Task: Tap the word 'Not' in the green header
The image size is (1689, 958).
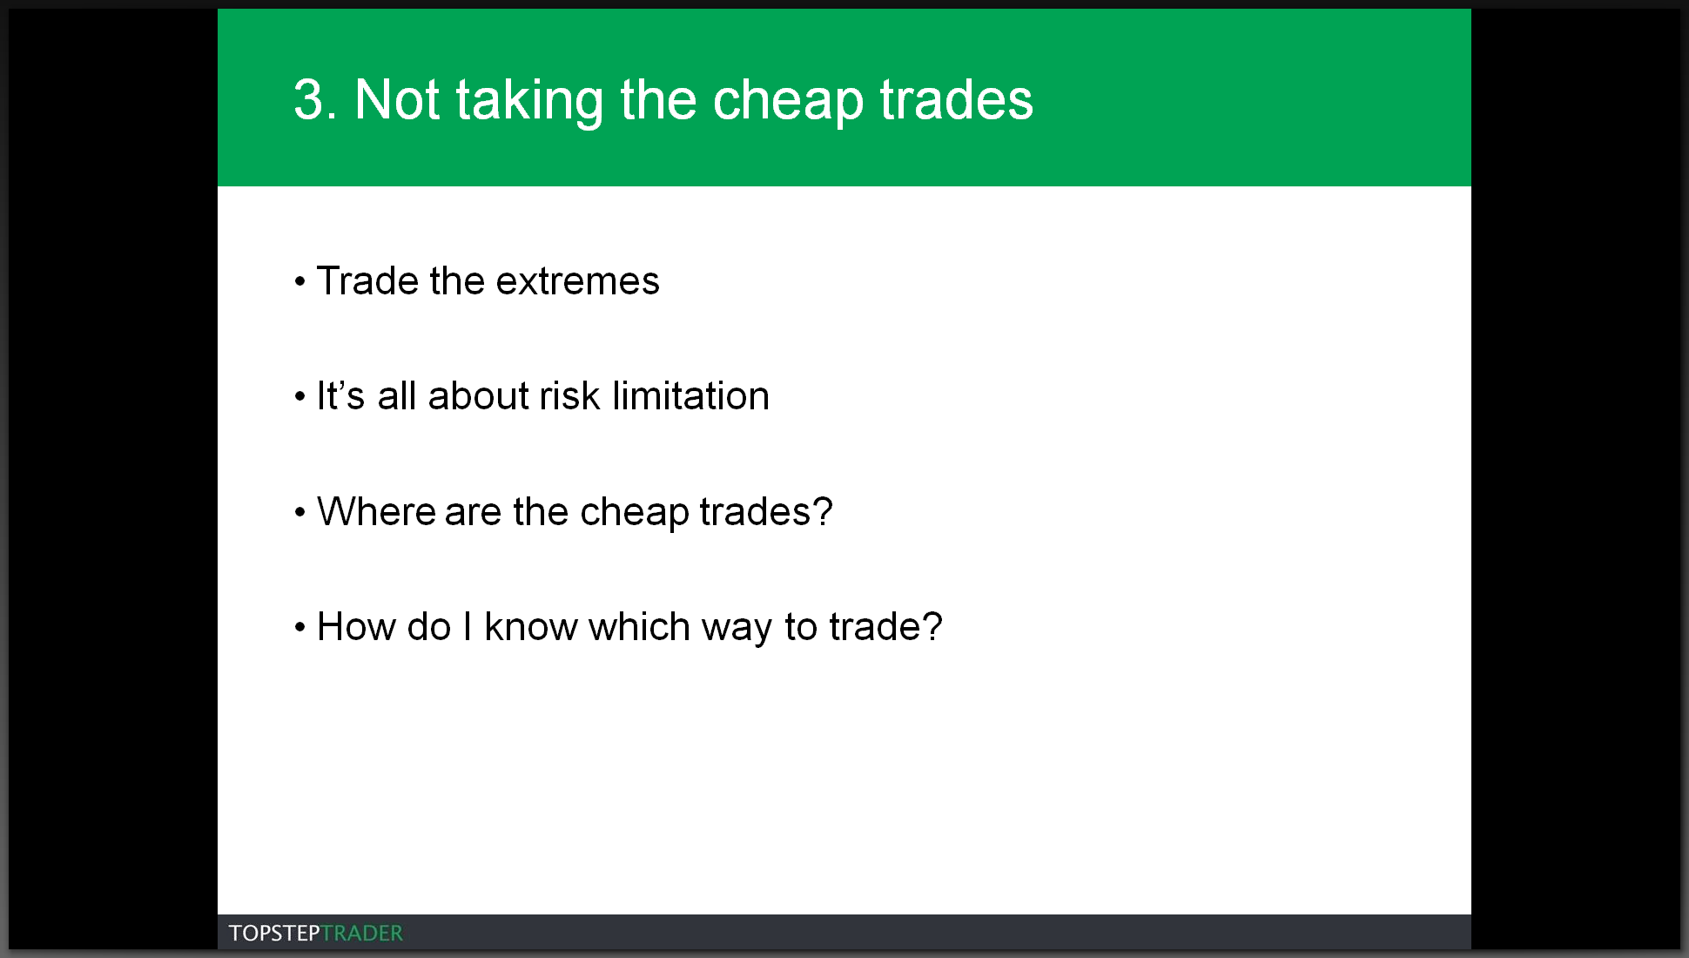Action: coord(397,99)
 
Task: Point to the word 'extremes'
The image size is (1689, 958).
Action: coord(578,281)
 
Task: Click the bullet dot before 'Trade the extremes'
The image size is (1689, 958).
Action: coord(300,282)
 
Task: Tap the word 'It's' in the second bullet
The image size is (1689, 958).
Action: coord(340,396)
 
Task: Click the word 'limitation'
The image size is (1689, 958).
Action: coord(691,396)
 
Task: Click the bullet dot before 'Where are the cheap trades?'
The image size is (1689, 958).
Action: coord(300,512)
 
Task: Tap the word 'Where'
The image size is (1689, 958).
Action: coord(376,511)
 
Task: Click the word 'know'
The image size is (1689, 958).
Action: coord(531,627)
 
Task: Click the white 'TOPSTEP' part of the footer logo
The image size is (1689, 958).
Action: coord(274,934)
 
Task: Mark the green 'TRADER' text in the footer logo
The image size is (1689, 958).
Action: coord(362,934)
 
